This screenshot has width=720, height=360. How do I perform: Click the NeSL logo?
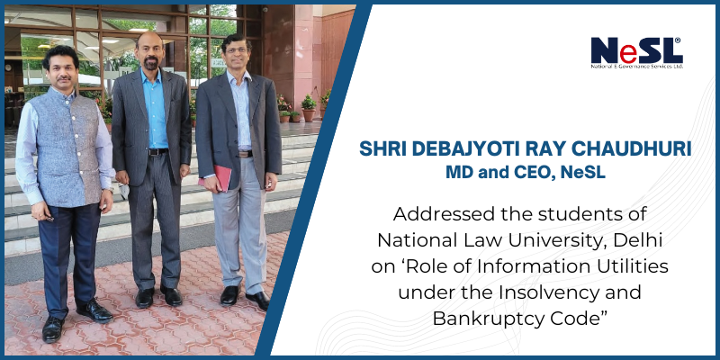[637, 53]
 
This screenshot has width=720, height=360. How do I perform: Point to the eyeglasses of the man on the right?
[235, 49]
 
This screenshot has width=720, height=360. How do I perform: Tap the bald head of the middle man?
[149, 39]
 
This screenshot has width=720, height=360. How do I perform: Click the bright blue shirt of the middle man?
[155, 109]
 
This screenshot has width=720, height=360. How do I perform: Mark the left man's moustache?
[64, 78]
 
